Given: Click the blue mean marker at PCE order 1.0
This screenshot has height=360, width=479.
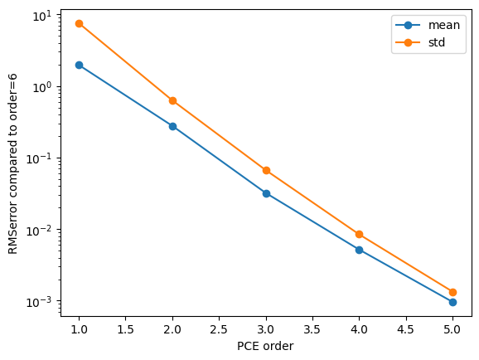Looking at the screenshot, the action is click(79, 65).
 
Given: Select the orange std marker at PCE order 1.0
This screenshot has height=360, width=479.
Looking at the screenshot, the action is click(79, 23).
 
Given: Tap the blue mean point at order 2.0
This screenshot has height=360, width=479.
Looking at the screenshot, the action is click(172, 126).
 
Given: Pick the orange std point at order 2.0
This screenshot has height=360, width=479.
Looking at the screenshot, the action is click(172, 100).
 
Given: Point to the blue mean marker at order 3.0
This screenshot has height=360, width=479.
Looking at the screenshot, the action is click(266, 193).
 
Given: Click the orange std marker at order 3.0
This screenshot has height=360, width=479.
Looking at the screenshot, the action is click(266, 170).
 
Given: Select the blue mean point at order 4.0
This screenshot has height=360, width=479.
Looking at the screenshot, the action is click(360, 250).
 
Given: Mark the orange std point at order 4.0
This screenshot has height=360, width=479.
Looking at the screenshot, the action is click(360, 234).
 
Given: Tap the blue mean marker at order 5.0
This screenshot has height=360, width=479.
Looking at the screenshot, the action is click(452, 302).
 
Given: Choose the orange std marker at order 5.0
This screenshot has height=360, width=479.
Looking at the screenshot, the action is click(452, 293).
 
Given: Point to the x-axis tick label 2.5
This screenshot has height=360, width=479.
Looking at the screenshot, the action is click(219, 329).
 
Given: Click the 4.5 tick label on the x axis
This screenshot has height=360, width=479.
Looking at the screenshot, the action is click(406, 329).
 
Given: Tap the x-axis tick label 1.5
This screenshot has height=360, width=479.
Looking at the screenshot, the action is click(126, 329).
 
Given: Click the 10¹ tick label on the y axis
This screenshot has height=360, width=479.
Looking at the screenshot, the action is click(42, 16).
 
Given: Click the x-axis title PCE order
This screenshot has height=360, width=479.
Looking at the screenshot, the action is click(265, 346).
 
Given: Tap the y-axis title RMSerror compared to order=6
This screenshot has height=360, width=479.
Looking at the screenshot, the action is click(12, 164).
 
